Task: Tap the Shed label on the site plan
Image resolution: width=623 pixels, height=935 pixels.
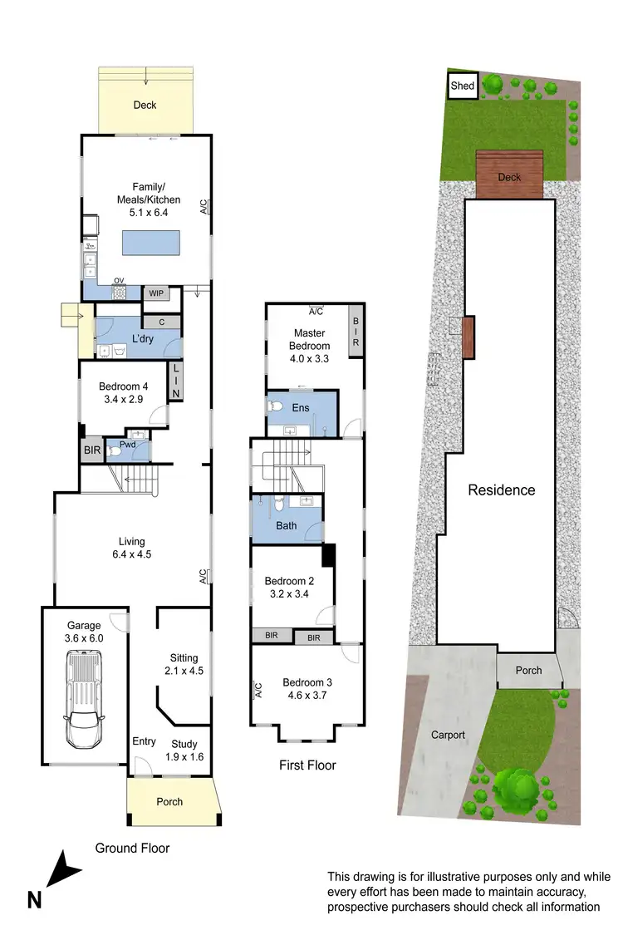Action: coord(462,86)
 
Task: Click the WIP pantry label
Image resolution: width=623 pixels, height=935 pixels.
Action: coord(155,293)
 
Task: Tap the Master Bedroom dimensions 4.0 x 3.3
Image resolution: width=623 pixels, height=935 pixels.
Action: coord(309,361)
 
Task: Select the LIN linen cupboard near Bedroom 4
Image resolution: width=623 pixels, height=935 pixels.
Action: coord(175,381)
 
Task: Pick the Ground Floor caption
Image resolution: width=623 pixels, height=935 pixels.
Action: coord(132,848)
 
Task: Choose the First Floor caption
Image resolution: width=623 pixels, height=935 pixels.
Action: coord(307,765)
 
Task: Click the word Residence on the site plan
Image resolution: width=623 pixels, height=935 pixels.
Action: coord(502,490)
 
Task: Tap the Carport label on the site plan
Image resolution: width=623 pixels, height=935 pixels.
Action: coord(448,735)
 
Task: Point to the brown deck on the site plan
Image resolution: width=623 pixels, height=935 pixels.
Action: coord(509,175)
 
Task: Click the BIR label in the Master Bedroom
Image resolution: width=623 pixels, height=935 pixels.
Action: coord(356,332)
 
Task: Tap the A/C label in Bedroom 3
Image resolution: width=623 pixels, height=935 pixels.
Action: coord(258,690)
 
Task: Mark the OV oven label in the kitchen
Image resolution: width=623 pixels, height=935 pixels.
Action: coord(119,280)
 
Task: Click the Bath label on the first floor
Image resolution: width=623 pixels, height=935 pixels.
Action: coord(287,526)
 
